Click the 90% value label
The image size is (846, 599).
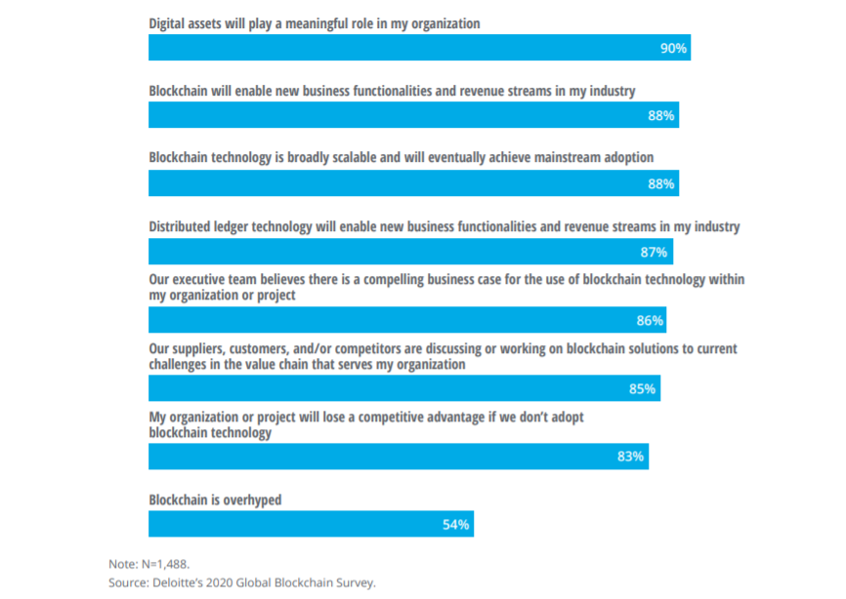pos(674,48)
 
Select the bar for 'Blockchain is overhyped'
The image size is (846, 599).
pos(311,524)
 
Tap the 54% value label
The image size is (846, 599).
pos(456,525)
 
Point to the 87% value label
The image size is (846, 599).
pos(655,253)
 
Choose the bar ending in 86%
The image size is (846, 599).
pos(406,320)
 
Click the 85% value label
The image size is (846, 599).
pos(642,389)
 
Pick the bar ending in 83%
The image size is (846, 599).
pos(399,457)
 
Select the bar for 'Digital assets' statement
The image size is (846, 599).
pos(419,48)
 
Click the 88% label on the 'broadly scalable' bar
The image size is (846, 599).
pos(662,184)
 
